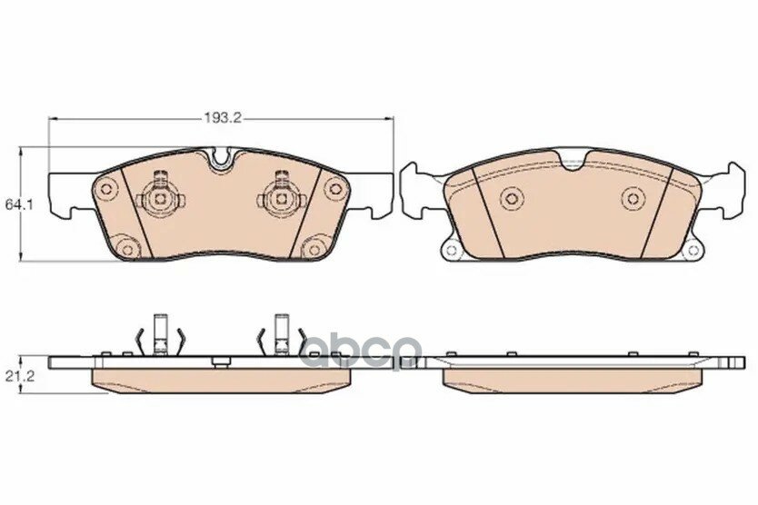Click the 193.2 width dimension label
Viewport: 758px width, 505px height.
tap(221, 117)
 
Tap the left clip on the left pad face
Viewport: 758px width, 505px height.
tap(161, 198)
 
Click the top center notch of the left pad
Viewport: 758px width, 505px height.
tap(222, 159)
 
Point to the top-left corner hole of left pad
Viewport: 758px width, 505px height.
tap(105, 189)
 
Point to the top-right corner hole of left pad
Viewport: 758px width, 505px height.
tap(334, 187)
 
